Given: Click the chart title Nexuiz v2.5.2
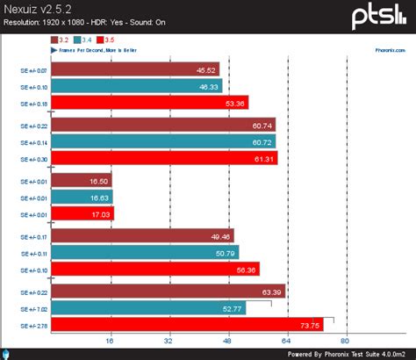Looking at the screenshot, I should click(39, 8).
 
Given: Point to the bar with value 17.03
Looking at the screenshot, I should click(82, 212).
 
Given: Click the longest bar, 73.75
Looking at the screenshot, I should click(187, 324).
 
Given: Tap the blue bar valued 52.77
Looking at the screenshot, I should click(148, 308).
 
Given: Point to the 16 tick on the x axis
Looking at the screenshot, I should click(110, 341).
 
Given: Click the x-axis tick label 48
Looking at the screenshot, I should click(227, 341).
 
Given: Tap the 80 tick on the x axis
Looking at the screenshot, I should click(345, 341).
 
